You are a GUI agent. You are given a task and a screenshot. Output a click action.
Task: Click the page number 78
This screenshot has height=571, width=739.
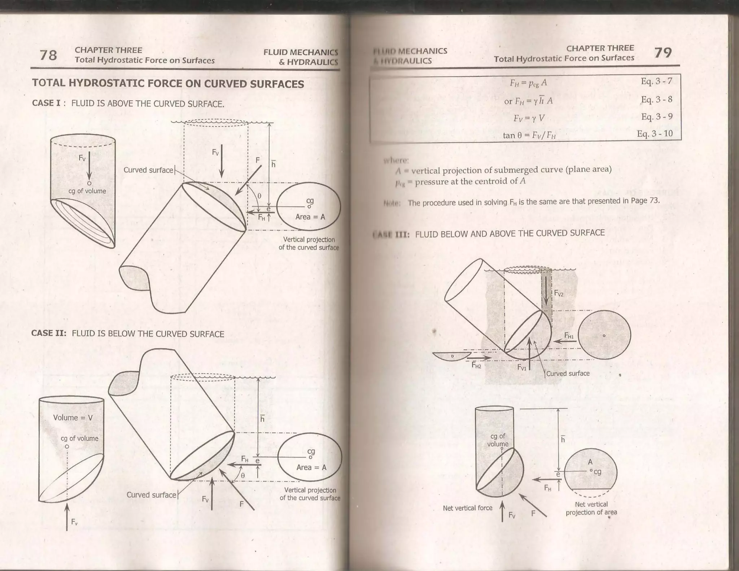[x=48, y=55]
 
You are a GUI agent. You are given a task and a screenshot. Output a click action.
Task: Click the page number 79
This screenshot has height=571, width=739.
[x=663, y=53]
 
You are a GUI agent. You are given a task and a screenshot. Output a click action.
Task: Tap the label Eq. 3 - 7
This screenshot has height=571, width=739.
[x=656, y=81]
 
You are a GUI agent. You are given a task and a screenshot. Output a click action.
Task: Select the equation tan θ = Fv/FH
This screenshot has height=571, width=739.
[x=529, y=136]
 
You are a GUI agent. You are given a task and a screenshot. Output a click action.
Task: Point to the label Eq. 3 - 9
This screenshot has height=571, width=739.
[x=657, y=117]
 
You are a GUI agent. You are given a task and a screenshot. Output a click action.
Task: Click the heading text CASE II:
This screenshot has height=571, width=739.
[x=49, y=333]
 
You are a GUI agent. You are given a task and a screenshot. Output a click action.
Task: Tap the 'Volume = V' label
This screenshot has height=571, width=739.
[x=73, y=418]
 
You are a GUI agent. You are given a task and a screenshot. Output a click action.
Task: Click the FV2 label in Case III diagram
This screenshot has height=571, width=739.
[x=559, y=293]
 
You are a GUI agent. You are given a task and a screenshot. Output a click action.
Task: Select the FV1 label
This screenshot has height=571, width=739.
[x=522, y=367]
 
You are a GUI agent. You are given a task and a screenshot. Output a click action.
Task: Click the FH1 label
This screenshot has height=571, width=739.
[x=569, y=336]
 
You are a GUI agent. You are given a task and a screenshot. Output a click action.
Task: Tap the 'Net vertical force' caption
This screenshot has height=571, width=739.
[x=467, y=508]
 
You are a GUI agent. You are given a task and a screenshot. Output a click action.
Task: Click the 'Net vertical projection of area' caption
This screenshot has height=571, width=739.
[x=591, y=508]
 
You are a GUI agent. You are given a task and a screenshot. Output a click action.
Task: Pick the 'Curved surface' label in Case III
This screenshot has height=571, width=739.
[x=568, y=374]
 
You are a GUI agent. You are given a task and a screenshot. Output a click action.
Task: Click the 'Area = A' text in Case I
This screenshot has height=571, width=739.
[x=310, y=217]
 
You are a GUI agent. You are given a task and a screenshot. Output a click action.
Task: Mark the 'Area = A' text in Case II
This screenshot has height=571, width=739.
[x=311, y=467]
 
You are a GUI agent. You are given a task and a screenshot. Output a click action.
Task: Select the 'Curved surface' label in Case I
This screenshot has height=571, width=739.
[x=148, y=170]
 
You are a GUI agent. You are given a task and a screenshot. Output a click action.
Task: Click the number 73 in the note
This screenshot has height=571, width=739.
[x=654, y=200]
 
